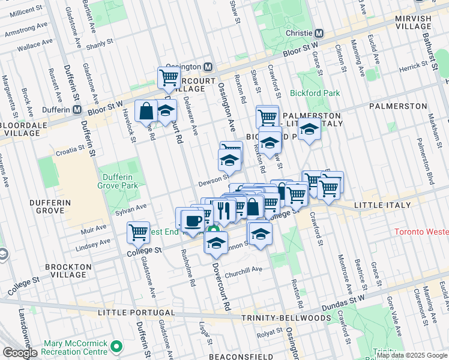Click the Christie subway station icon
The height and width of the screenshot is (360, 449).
(x=319, y=34)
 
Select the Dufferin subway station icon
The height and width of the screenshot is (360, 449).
(x=77, y=109)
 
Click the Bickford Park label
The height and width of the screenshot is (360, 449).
(x=315, y=93)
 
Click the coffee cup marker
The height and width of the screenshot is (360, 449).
(x=193, y=220)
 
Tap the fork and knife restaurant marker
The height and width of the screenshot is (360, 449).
(x=223, y=210)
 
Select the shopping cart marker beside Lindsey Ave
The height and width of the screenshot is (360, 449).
(x=138, y=232)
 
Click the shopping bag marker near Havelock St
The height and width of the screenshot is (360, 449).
(x=146, y=110)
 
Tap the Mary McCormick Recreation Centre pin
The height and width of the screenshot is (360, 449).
(x=116, y=347)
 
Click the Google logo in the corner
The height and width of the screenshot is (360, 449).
(x=19, y=353)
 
